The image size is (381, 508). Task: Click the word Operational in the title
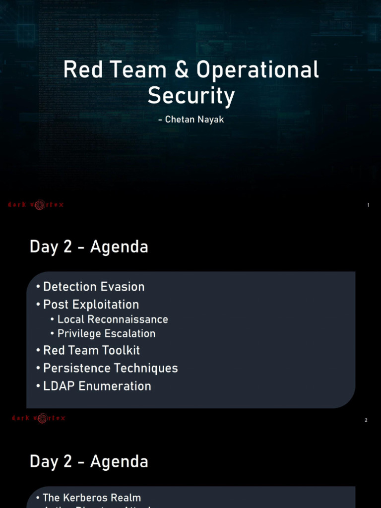(x=257, y=70)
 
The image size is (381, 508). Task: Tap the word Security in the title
(x=190, y=96)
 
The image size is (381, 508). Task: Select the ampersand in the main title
(x=182, y=70)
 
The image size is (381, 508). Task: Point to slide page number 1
(x=368, y=205)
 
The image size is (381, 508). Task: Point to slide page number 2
(x=366, y=420)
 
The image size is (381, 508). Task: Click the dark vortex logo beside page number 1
(x=35, y=204)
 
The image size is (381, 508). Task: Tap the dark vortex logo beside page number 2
(x=39, y=419)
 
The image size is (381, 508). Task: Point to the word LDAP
(x=56, y=386)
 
